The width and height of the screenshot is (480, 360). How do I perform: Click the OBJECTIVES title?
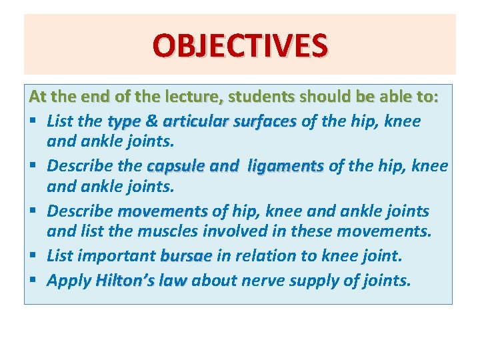[240, 46]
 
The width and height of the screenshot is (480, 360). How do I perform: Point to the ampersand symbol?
[151, 121]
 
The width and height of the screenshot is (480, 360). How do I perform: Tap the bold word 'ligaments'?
[285, 167]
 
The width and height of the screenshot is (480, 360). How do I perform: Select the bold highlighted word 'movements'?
[162, 212]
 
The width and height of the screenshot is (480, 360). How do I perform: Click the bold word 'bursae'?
[186, 257]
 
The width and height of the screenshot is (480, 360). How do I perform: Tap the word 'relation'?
[255, 257]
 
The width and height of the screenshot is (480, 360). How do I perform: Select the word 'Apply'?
[69, 281]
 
